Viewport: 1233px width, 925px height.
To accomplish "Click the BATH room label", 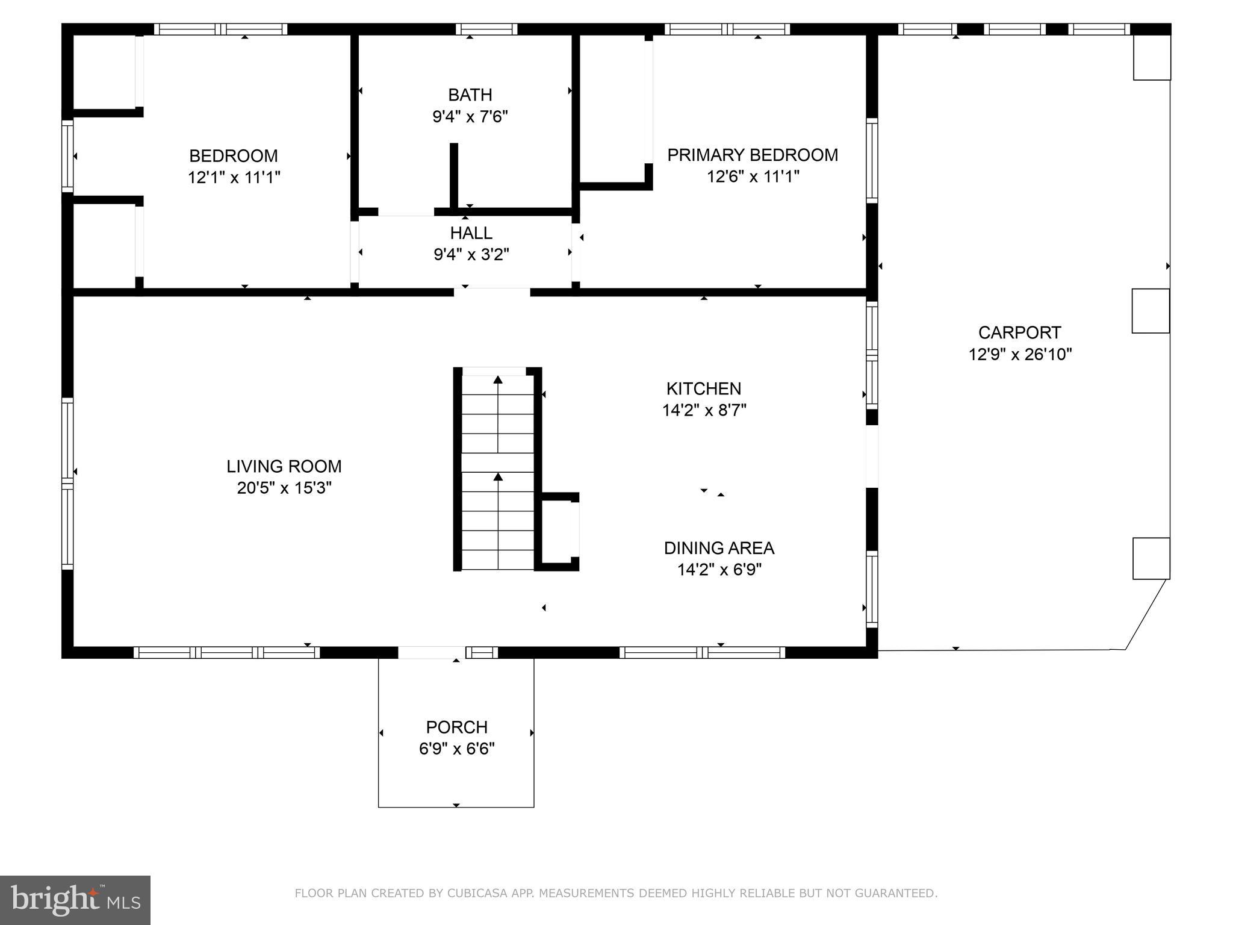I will (x=470, y=95).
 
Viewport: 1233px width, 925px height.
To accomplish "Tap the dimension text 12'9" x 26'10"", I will (x=1020, y=354).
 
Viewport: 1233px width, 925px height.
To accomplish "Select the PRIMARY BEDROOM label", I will (x=752, y=155).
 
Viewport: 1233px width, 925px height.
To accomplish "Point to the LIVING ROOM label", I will (x=284, y=466).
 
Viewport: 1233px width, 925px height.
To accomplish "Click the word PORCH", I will (x=456, y=727).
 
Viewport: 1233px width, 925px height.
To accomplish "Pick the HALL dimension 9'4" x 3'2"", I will (x=471, y=255).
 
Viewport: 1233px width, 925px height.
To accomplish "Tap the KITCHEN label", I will (x=703, y=388).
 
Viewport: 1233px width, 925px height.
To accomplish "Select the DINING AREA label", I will (x=719, y=548).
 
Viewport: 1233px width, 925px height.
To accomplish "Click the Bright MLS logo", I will (x=75, y=900).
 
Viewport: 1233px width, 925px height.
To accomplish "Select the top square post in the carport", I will (x=1152, y=58).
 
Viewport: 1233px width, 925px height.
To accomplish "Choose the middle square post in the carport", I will (x=1151, y=311).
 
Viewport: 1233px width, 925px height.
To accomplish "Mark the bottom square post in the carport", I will (x=1151, y=558).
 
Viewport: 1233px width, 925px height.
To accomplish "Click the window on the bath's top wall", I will (x=486, y=29).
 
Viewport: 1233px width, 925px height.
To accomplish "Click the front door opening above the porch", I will (x=431, y=652).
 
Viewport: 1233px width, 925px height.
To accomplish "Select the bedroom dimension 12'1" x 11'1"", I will (x=234, y=178).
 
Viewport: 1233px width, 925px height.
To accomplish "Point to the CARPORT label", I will (x=1019, y=332).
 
